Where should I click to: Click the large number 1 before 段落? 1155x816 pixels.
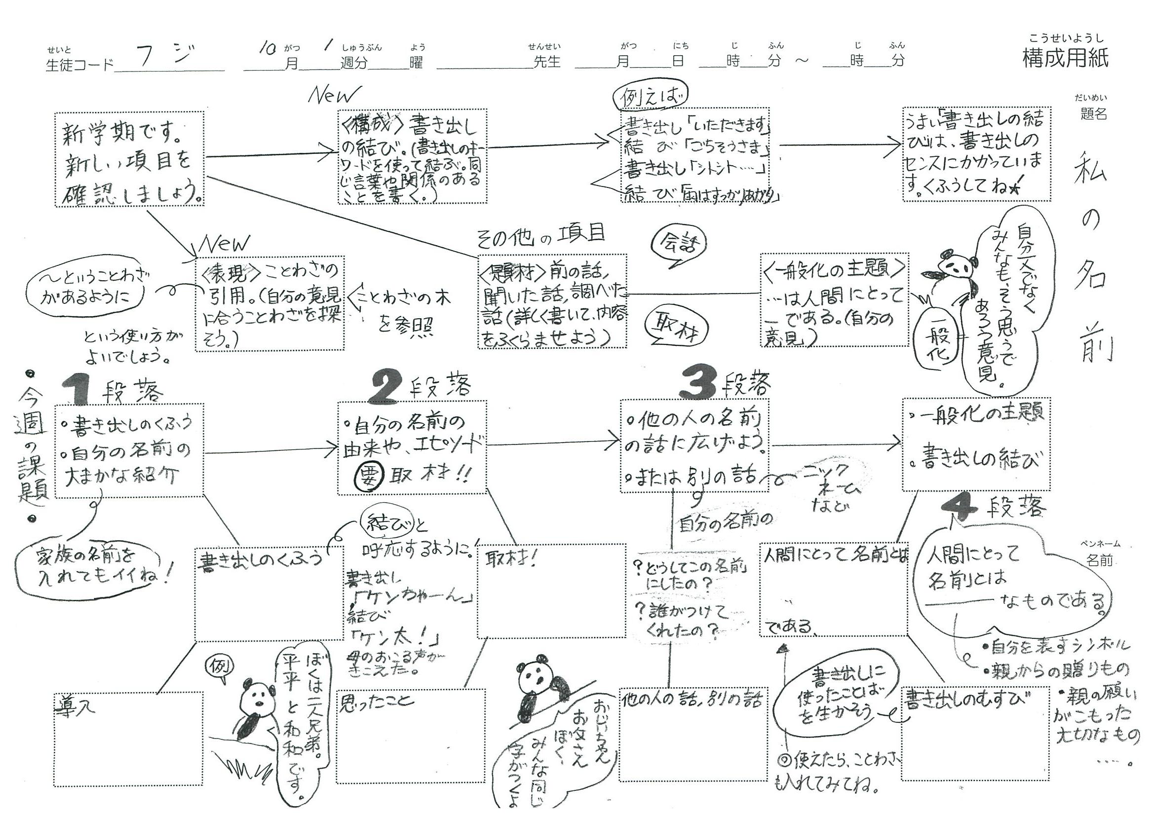pyautogui.click(x=78, y=390)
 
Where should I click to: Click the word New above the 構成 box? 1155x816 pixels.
pyautogui.click(x=334, y=95)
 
